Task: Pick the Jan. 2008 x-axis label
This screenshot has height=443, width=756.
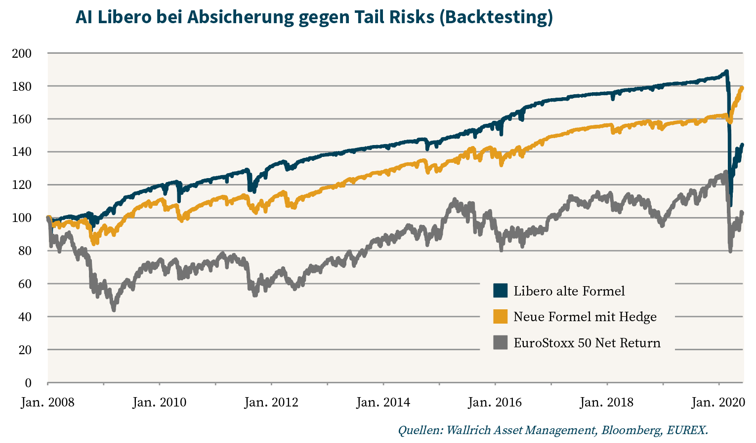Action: click(47, 403)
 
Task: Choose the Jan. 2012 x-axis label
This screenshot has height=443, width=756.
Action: click(271, 403)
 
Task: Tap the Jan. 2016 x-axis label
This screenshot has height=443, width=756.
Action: click(495, 403)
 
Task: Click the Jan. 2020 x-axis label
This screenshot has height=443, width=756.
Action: click(718, 403)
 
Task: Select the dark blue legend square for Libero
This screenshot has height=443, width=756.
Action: click(501, 291)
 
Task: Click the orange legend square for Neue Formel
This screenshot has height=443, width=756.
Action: click(501, 317)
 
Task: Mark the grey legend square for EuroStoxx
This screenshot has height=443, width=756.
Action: click(501, 342)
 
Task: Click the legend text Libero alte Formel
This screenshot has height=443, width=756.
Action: click(569, 291)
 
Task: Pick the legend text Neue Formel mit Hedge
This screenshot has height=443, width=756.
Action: click(585, 317)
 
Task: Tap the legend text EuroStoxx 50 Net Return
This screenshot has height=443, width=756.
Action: click(587, 343)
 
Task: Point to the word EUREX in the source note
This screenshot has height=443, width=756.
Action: click(686, 430)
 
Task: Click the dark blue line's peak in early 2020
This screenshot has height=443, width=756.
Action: click(726, 72)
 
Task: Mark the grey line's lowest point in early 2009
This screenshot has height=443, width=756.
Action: click(114, 309)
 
